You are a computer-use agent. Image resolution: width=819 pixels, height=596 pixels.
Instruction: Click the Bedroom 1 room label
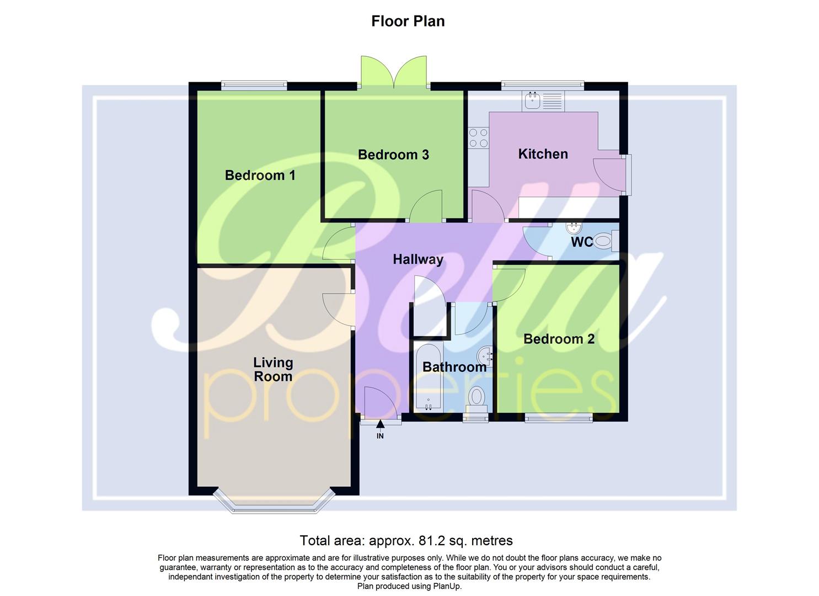point(260,175)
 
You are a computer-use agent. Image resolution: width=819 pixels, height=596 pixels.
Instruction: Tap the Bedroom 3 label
point(393,155)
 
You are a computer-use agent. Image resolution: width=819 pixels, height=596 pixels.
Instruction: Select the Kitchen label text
point(543,154)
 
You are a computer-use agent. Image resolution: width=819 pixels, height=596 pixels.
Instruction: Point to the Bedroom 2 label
point(559,339)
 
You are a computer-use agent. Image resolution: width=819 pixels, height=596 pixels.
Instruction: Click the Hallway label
point(418,259)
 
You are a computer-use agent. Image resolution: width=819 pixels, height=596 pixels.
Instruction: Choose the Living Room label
point(273,370)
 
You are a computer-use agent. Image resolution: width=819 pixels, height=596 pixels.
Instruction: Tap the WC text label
point(581,242)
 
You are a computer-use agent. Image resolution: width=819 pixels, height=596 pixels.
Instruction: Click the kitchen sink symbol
point(533,101)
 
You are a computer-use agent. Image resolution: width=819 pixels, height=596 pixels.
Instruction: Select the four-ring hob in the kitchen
point(478,137)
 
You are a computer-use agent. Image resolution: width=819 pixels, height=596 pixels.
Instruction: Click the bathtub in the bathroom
point(428,378)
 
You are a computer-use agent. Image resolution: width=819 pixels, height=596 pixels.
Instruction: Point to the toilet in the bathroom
point(477,398)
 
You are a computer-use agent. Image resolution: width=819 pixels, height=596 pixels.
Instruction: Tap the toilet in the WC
point(606,241)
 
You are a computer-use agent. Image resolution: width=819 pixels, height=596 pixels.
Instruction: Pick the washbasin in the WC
point(574,227)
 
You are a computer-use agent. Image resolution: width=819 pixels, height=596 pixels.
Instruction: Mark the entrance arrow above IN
point(380,424)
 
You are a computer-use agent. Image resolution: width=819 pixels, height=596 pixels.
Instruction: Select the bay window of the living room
point(274,503)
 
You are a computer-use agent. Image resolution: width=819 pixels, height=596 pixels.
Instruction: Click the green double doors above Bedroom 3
point(394,72)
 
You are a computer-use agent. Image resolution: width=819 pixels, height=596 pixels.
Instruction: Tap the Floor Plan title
point(408,21)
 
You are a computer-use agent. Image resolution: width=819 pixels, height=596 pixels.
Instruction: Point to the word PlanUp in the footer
point(447,586)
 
